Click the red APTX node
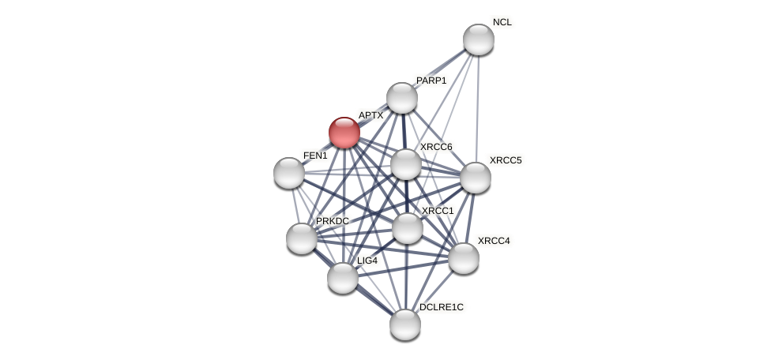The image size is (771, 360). coord(344,132)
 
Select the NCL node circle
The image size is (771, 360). coord(478,39)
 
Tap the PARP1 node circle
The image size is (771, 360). coord(402,98)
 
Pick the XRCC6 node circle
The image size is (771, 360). coord(406,164)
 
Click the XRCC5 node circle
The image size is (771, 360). coord(476,178)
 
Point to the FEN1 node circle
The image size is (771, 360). coord(289,173)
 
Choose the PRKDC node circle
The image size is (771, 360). coord(302,238)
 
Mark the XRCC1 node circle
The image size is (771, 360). coord(408,228)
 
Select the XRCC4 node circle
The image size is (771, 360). coord(464,257)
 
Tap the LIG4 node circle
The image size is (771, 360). coord(343,277)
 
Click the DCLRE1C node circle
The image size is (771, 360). coord(405,324)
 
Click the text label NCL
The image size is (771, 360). coord(502,22)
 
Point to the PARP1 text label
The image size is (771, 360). coord(431,81)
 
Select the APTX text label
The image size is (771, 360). coord(370,115)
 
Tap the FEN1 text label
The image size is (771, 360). coord(315,156)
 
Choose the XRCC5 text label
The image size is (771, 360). coord(506,160)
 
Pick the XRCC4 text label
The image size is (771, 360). coord(494,241)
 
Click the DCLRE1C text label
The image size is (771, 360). coord(442,307)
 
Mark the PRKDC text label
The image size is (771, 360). coord(333,221)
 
